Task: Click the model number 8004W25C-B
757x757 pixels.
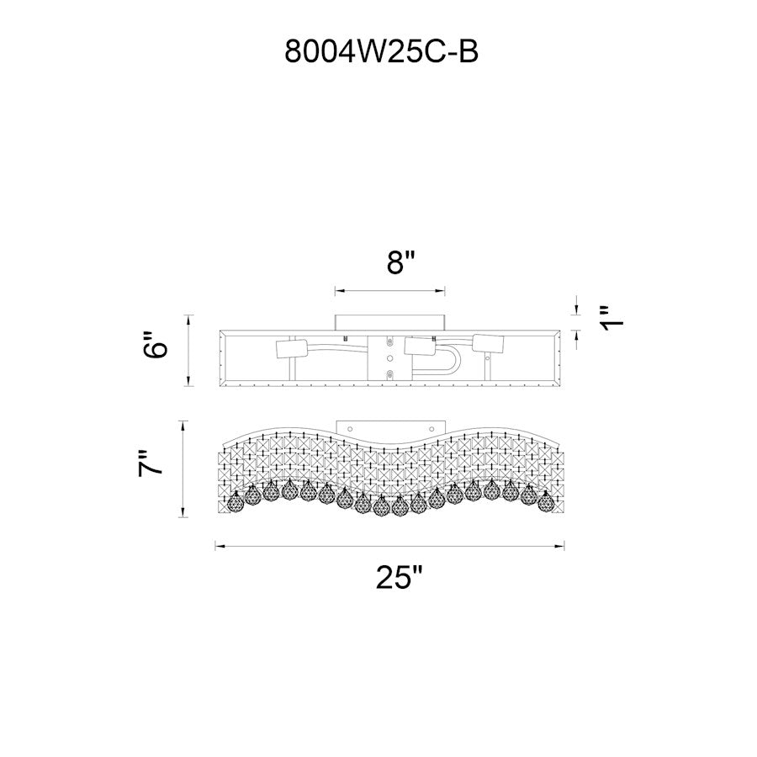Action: (x=381, y=51)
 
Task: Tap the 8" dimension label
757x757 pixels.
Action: (x=401, y=262)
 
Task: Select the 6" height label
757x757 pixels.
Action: (x=156, y=344)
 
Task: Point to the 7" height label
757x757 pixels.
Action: (x=151, y=463)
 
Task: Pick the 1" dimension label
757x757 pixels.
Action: (x=611, y=318)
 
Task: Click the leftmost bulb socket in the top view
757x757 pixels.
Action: (x=291, y=349)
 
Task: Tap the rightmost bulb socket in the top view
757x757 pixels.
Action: (x=488, y=343)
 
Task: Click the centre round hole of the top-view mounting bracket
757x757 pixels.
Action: (x=390, y=358)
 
